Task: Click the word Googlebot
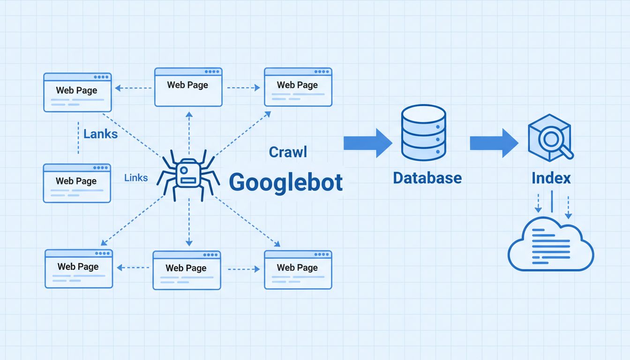(285, 182)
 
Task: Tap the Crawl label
(288, 152)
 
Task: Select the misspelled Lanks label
(100, 134)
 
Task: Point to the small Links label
(136, 178)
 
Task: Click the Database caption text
(427, 178)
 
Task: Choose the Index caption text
(551, 178)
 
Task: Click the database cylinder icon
(423, 133)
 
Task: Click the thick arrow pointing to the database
(367, 143)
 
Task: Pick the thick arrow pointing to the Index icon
(494, 143)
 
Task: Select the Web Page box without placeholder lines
(188, 87)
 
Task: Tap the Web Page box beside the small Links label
(77, 183)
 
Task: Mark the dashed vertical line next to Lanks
(78, 138)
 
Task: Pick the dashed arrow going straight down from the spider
(188, 223)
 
